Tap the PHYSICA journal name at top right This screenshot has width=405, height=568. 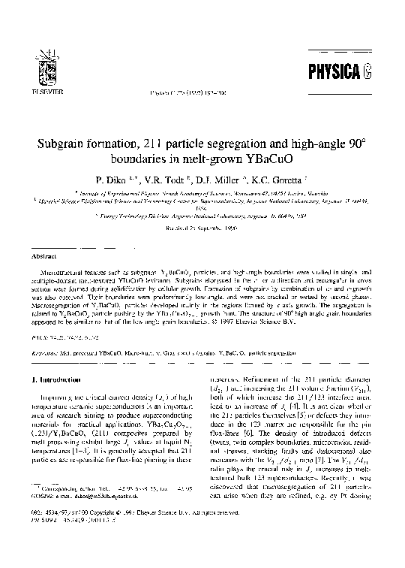[x=339, y=74]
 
